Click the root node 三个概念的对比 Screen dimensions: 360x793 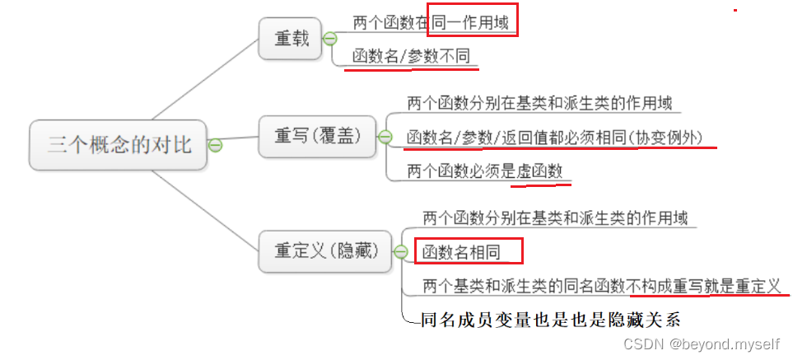pos(119,146)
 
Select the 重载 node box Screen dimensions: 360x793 pos(290,38)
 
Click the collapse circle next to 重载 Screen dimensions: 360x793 pos(329,39)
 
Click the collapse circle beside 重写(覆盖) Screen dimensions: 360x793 pos(384,137)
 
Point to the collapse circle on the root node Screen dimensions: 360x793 pos(216,146)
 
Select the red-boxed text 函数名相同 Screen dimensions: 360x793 pos(461,250)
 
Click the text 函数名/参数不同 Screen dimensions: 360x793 pos(413,58)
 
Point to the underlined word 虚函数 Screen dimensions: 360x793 pos(539,171)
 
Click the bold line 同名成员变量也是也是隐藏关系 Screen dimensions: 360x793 pos(552,319)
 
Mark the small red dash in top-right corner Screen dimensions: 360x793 pos(735,9)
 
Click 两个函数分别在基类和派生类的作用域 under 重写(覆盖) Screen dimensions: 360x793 pos(539,104)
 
